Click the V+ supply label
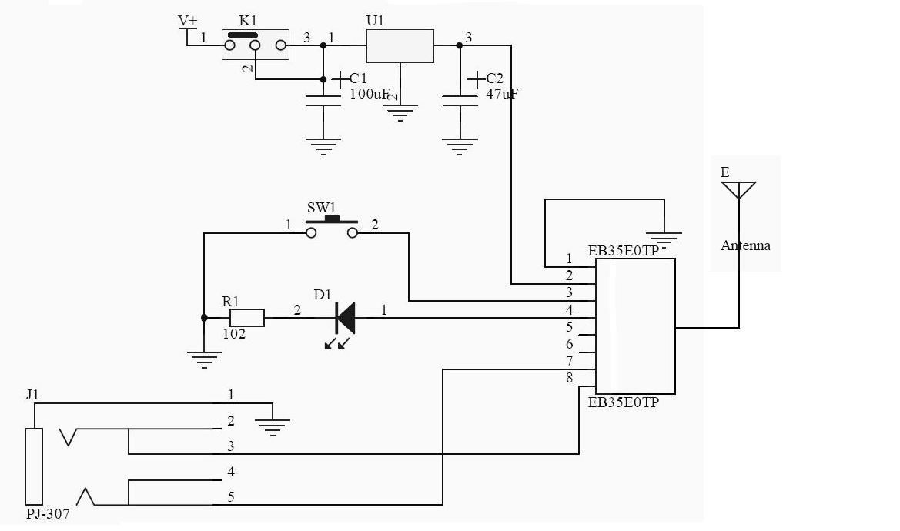point(187,20)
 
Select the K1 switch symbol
point(255,45)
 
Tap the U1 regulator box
point(400,46)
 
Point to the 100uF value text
point(370,94)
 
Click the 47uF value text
point(502,94)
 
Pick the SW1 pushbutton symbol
point(332,228)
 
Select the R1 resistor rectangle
point(247,318)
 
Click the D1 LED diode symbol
point(346,318)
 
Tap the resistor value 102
point(234,335)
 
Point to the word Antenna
point(745,246)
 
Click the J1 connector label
point(32,396)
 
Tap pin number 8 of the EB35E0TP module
point(569,378)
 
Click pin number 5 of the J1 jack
point(231,497)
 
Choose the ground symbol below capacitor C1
point(323,147)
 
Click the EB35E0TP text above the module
point(623,251)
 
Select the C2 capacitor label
point(495,78)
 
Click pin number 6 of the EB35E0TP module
point(570,344)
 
